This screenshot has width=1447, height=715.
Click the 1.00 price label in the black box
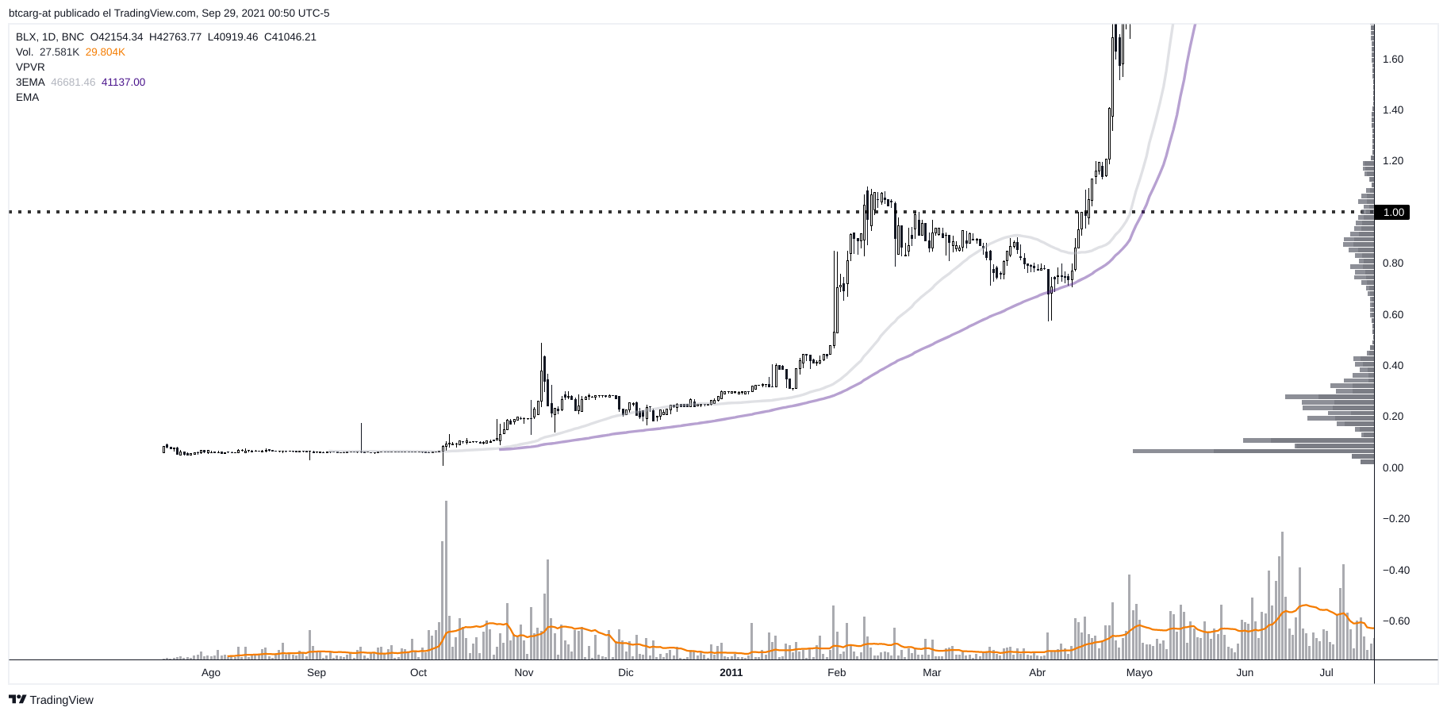(1393, 212)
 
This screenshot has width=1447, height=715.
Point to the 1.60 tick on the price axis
(1393, 59)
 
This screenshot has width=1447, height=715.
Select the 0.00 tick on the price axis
(1393, 467)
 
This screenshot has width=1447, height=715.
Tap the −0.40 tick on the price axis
(1396, 570)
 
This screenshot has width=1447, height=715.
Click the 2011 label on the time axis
(731, 673)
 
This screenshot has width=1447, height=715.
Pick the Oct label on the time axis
(418, 673)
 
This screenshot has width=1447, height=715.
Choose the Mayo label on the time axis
(1139, 673)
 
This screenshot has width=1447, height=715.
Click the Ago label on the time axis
(211, 673)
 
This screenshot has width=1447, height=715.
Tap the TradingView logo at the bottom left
(52, 700)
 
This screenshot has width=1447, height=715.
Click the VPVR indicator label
(30, 67)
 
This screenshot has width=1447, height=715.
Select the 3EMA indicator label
(30, 83)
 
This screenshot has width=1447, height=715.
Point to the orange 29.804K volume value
(106, 52)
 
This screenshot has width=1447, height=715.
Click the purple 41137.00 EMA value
(123, 83)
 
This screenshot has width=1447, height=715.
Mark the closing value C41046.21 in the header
(290, 37)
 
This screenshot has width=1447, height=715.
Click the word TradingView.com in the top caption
(155, 13)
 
